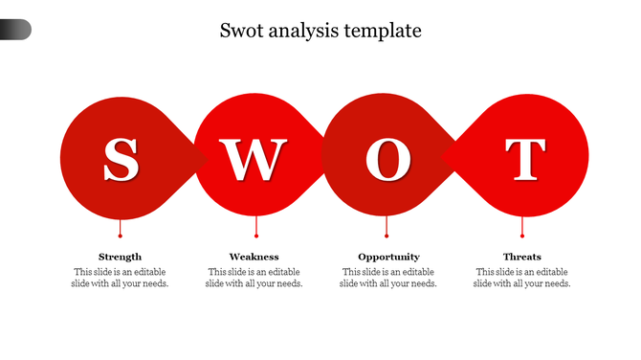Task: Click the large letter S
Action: point(121,160)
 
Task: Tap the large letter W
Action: point(254,160)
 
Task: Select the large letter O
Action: point(387,160)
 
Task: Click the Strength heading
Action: point(120,257)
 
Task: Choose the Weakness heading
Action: point(254,257)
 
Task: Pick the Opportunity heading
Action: point(388,257)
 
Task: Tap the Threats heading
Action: point(522,257)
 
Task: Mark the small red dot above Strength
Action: point(120,235)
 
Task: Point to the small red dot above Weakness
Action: point(256,235)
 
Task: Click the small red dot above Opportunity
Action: point(387,235)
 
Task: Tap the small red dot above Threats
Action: point(522,235)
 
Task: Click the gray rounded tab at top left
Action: point(15,30)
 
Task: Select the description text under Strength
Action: point(120,278)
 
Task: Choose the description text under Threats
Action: point(522,278)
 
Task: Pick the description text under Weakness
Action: point(254,278)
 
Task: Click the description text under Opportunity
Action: point(388,278)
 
